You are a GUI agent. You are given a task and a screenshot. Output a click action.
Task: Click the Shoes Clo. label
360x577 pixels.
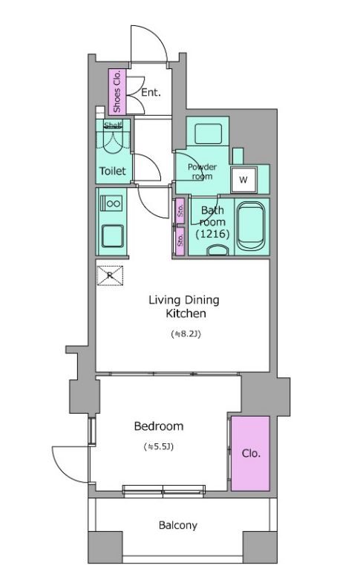117,91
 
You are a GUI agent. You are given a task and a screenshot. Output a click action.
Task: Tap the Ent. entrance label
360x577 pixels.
151,92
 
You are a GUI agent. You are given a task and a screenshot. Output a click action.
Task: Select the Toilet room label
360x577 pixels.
113,171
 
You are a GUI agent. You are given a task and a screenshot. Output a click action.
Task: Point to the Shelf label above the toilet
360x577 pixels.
113,125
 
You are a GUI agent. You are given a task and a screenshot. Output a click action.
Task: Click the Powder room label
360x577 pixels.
202,172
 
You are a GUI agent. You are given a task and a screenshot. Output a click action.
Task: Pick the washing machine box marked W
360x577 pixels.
243,180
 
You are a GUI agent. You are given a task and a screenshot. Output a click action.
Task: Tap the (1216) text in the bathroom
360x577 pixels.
213,234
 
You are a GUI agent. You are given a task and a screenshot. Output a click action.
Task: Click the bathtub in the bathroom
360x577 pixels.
251,226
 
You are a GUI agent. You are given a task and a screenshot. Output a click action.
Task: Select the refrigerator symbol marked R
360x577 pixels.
110,276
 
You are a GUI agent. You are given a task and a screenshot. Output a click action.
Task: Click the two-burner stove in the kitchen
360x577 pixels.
112,203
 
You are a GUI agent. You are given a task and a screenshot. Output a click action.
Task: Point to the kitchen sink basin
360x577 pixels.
112,236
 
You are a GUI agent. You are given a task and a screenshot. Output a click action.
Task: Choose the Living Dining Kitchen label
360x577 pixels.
184,306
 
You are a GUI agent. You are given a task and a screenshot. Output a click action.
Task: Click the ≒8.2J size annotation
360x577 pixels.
186,334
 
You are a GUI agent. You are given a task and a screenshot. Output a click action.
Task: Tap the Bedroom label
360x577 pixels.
159,426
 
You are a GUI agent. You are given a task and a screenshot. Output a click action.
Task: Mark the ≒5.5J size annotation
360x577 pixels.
159,447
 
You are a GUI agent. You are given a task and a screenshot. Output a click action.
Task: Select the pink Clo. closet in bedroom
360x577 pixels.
250,453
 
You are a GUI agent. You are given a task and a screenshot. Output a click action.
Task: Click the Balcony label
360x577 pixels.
178,525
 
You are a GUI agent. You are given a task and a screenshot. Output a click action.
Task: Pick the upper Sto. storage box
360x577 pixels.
180,211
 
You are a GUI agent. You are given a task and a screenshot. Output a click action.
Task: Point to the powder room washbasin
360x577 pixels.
208,134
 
